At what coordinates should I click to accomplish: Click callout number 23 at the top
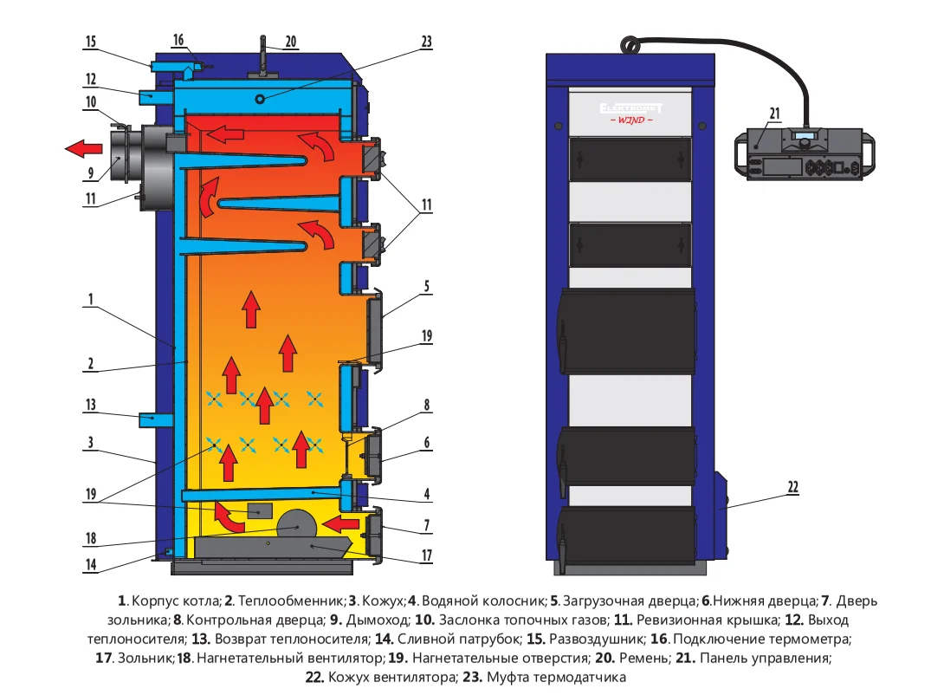coord(426,41)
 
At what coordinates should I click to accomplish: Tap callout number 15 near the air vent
coord(91,42)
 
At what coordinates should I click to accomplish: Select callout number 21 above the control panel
coord(774,112)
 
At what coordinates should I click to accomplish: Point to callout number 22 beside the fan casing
coord(792,486)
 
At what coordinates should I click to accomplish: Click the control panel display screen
coord(805,137)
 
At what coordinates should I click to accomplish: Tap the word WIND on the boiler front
coord(631,120)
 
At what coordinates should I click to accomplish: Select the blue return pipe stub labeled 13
coord(154,419)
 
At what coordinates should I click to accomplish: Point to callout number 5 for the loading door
coord(427,283)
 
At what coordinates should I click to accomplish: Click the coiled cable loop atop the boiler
coord(629,42)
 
